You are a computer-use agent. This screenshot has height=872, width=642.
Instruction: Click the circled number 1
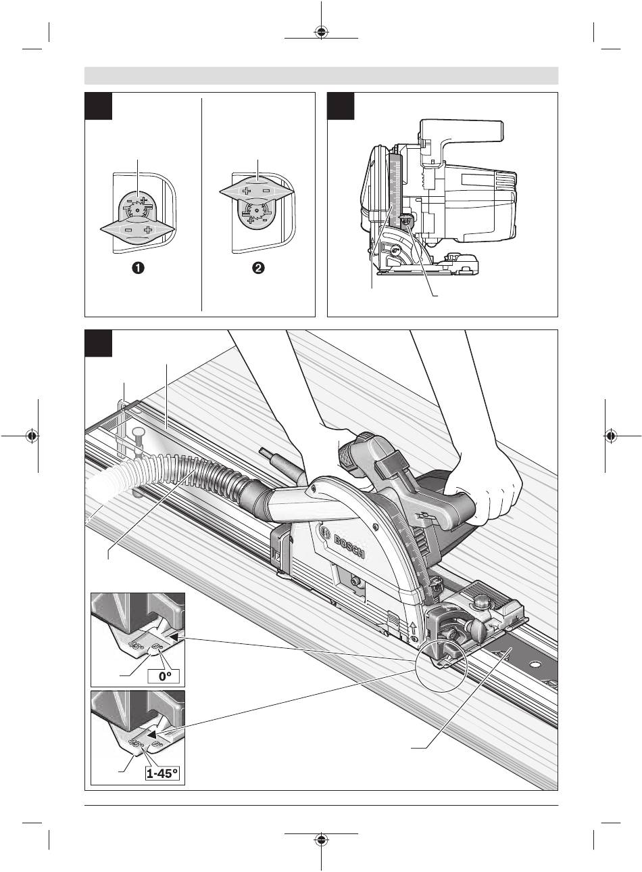tap(137, 269)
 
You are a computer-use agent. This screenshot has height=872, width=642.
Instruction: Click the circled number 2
tap(258, 269)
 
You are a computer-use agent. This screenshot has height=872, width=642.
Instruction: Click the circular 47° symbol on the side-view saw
tap(397, 250)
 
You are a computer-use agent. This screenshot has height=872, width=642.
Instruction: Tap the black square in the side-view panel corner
tap(340, 106)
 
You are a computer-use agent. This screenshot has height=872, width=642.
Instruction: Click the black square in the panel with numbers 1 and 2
tap(97, 106)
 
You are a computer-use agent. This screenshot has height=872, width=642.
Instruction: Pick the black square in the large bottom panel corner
tap(97, 343)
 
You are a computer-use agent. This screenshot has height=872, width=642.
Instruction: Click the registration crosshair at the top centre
tap(321, 32)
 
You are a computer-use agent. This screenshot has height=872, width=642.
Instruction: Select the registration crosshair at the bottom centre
tap(321, 840)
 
